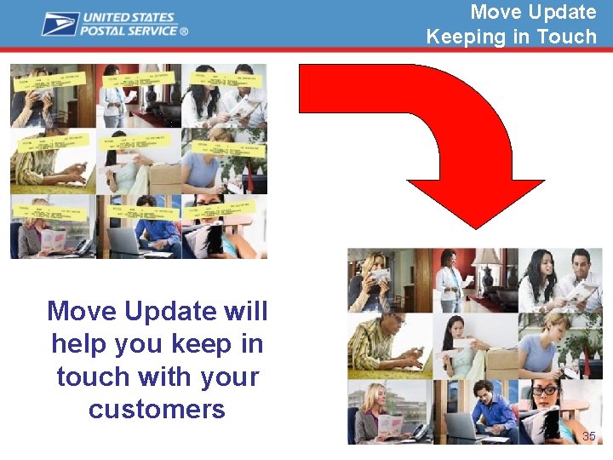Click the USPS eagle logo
60,23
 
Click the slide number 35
588,436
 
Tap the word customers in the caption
157,409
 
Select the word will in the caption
245,312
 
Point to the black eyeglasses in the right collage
544,391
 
